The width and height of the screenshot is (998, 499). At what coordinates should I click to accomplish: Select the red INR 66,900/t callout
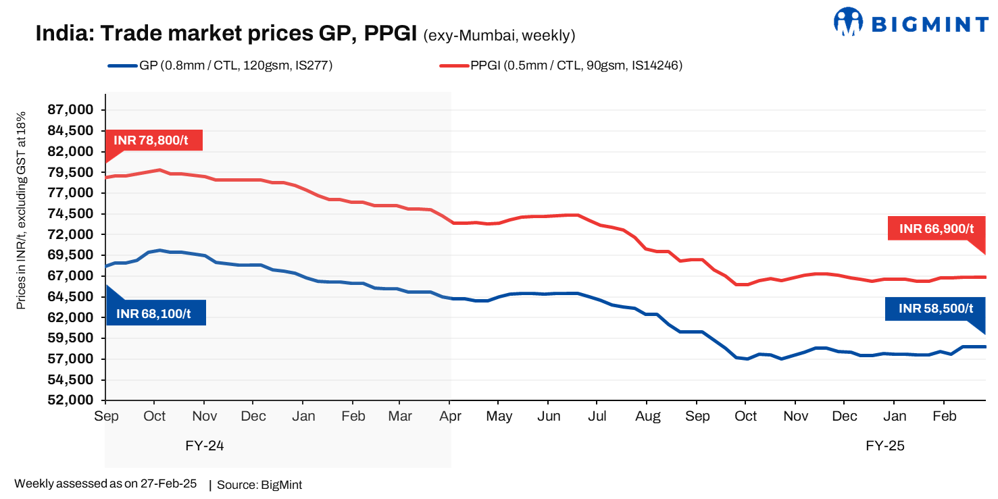(x=936, y=229)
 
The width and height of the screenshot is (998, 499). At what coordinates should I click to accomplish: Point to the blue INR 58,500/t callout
(x=936, y=309)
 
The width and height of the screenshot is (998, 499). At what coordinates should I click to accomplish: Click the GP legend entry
(x=220, y=65)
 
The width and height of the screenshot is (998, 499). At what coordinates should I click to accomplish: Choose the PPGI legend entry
(x=562, y=65)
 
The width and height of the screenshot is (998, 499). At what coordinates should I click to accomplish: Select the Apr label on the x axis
(x=451, y=417)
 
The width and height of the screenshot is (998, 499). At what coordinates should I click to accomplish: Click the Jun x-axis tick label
(x=549, y=417)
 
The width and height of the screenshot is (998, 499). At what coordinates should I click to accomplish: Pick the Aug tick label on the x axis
(x=647, y=417)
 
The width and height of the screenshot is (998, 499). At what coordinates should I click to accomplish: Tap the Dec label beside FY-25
(x=845, y=417)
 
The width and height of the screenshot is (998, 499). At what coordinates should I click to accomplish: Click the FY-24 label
(x=204, y=446)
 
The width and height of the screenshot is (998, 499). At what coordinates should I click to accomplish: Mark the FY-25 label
(x=884, y=446)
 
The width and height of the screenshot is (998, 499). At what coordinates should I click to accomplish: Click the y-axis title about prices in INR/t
(x=21, y=211)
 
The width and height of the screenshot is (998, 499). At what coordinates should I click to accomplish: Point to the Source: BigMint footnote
(x=259, y=485)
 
